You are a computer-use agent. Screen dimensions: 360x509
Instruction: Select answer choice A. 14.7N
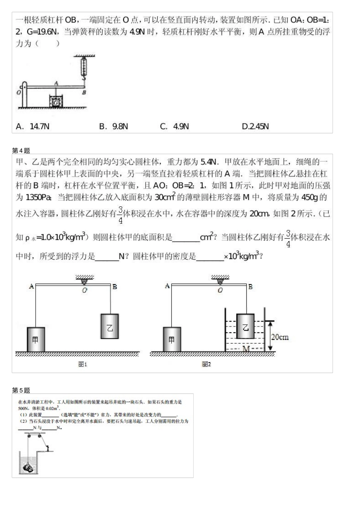click(33, 126)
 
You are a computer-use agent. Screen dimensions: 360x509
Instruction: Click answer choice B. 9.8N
click(113, 126)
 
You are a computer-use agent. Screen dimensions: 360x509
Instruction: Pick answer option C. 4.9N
click(174, 126)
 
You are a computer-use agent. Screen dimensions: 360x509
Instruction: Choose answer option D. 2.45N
click(255, 126)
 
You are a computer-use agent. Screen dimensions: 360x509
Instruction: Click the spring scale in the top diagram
click(84, 66)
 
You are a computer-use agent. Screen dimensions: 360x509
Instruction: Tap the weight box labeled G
click(56, 101)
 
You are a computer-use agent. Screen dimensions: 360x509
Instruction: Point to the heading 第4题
click(21, 150)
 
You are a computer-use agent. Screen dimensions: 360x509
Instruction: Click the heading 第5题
click(21, 390)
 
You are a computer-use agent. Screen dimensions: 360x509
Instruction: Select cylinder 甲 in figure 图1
click(36, 339)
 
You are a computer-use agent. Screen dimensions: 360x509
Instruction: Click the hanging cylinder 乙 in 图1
click(110, 326)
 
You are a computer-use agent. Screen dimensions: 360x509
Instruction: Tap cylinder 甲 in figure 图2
click(172, 339)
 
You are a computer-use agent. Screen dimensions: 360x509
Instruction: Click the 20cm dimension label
click(280, 337)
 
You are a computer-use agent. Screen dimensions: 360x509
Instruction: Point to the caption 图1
click(83, 364)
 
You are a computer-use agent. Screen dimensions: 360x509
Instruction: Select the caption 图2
click(206, 364)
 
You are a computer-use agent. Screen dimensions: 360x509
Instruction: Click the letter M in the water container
click(246, 348)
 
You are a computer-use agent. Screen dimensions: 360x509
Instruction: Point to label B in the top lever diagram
click(84, 92)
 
